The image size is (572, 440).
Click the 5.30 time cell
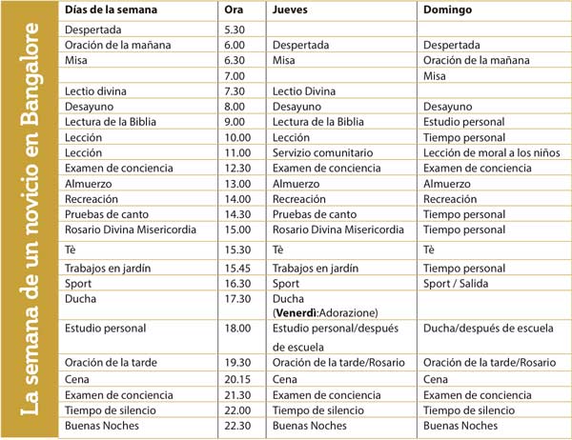(x=234, y=29)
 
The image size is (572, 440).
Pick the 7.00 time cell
(x=234, y=75)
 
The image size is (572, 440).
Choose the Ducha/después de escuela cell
(x=481, y=329)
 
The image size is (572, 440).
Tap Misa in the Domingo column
(x=435, y=75)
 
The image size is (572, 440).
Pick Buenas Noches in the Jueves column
(x=310, y=425)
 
